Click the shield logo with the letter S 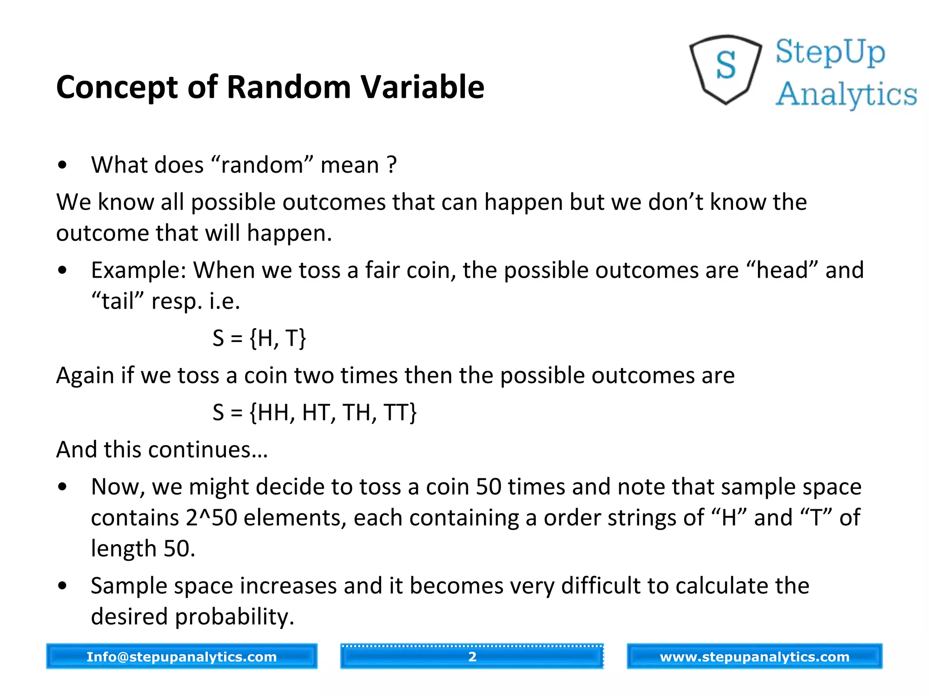tap(725, 69)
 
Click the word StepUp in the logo tap(830, 52)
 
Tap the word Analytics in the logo tap(846, 94)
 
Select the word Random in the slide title tap(288, 87)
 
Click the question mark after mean tap(392, 165)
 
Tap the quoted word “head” tap(782, 270)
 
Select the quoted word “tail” tap(117, 301)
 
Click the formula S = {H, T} tap(259, 338)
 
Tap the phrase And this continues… tap(162, 450)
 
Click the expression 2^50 tap(211, 518)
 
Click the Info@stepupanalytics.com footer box tap(181, 657)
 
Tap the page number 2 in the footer tap(472, 657)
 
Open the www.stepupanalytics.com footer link tap(754, 657)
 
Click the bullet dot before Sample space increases tap(63, 586)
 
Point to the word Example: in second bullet tap(139, 270)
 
